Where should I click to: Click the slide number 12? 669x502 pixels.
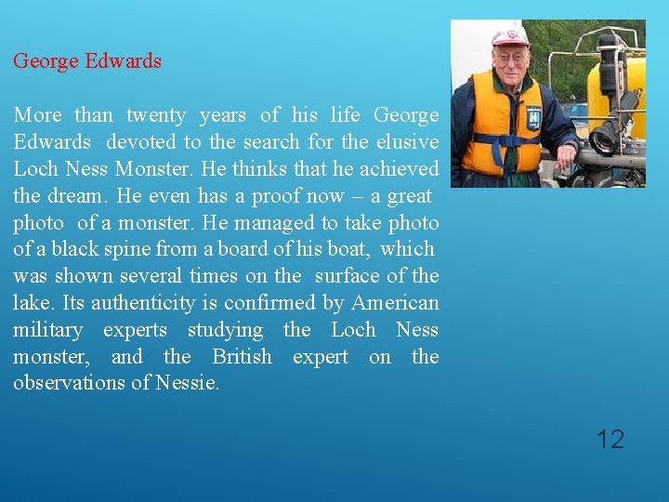click(610, 439)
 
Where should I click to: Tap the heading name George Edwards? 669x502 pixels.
click(87, 61)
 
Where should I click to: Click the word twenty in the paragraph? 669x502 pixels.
click(156, 115)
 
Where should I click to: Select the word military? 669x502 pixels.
click(47, 330)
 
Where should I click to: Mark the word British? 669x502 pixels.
click(242, 357)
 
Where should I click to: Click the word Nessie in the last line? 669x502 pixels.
click(190, 383)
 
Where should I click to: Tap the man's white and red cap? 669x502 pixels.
click(509, 36)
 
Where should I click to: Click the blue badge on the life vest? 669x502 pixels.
click(533, 118)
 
